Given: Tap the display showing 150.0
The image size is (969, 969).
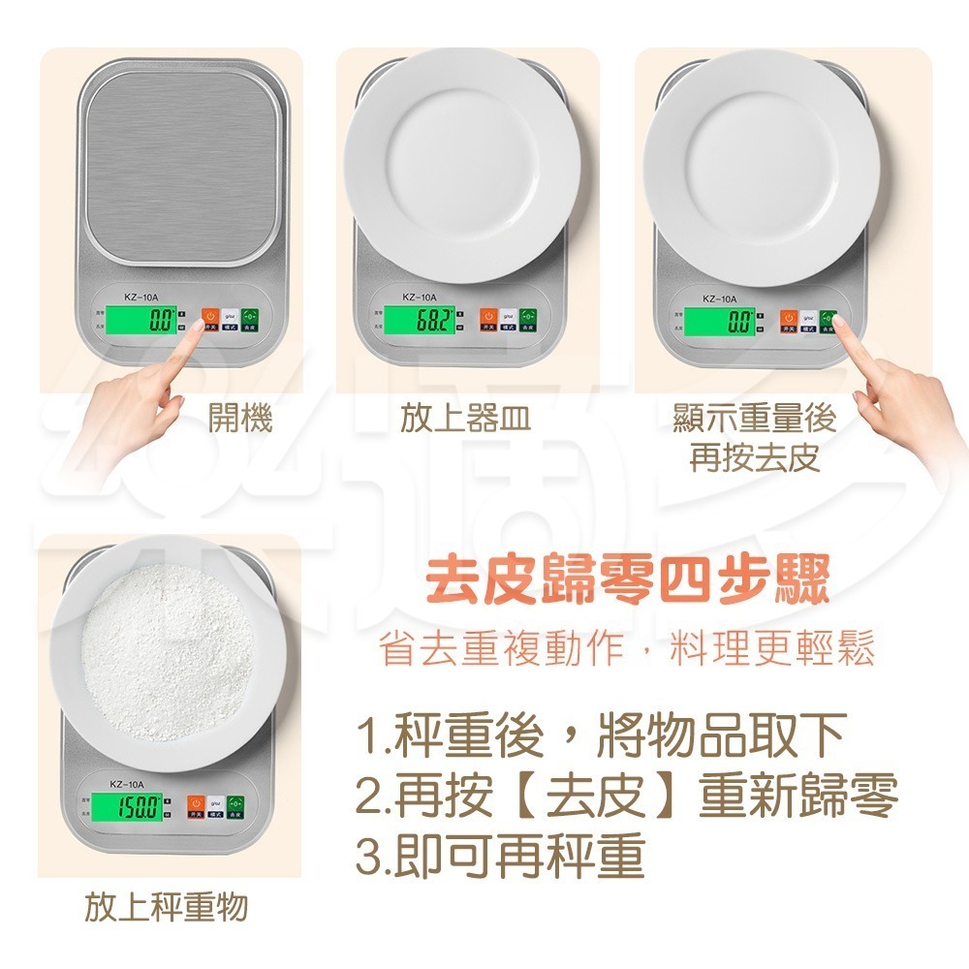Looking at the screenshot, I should coord(138,806).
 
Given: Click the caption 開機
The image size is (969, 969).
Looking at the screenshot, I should coord(240,419).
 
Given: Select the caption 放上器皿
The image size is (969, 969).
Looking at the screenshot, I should coord(465,419).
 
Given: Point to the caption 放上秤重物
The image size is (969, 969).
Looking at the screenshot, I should coord(166,908).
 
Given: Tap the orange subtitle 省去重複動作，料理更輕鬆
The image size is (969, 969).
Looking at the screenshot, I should coord(628,648).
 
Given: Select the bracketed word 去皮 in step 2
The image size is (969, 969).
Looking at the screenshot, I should coord(595,797).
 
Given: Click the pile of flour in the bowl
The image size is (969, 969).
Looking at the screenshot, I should coord(171,651).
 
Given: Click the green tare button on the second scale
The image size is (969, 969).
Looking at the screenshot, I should coord(527,317).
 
